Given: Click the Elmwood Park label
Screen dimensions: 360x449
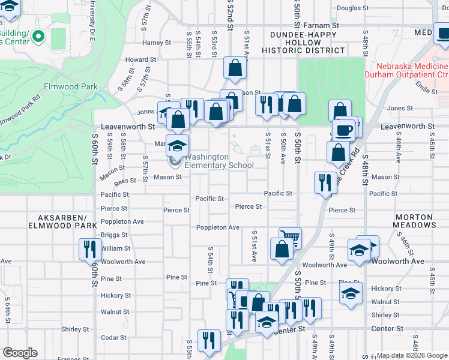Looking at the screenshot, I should [71, 86].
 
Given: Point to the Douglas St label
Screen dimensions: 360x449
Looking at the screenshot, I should [352, 8].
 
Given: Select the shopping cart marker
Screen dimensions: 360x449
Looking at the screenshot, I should [290, 238].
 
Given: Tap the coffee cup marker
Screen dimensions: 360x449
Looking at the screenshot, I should [345, 130].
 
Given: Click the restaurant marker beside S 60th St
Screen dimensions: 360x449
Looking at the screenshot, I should [90, 248].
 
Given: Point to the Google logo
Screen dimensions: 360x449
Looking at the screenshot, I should [20, 353].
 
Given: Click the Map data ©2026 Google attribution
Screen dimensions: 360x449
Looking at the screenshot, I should [412, 355].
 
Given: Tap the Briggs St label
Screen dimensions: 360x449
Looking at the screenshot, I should [114, 235].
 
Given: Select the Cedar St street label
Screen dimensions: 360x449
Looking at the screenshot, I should [113, 337].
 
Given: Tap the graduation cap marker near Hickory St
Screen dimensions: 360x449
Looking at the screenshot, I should [351, 294].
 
